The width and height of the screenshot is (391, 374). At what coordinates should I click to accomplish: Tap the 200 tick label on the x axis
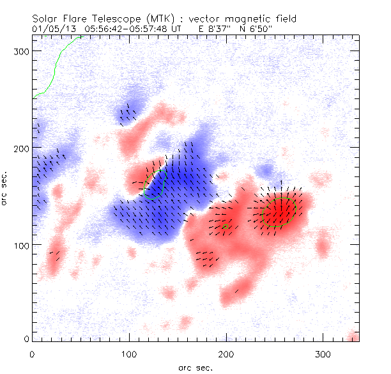click(x=226, y=354)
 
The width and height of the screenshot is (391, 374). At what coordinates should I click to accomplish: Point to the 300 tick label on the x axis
click(x=323, y=354)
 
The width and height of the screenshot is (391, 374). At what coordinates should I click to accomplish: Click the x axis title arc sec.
click(x=195, y=367)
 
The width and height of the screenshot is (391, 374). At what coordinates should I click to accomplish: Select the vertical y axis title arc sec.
click(x=5, y=188)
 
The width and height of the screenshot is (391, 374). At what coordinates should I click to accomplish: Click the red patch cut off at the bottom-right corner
click(x=355, y=337)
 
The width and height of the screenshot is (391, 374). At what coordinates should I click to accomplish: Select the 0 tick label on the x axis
click(x=32, y=354)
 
